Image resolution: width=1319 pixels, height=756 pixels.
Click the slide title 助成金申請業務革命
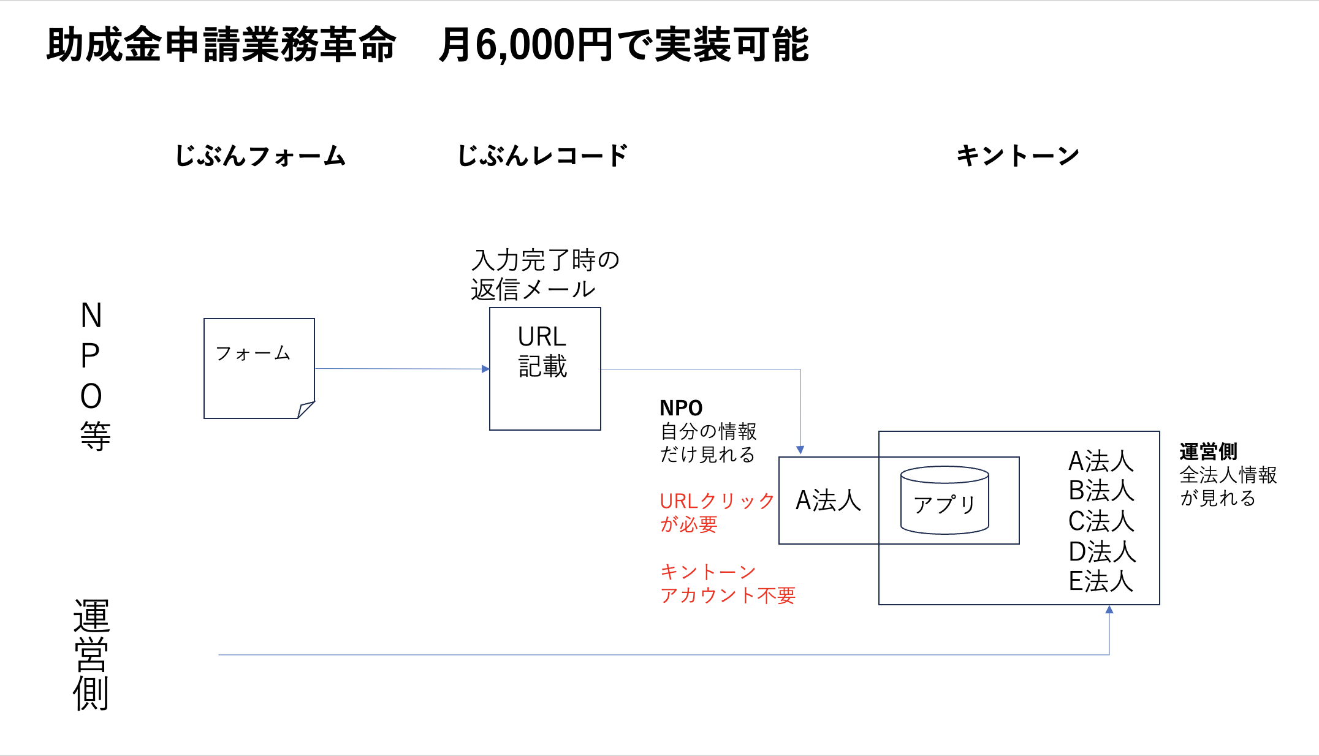click(x=221, y=45)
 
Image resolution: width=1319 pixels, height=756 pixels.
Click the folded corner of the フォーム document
click(x=306, y=409)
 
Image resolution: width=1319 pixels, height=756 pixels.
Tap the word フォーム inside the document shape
click(x=253, y=353)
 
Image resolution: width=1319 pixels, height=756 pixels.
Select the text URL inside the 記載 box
click(x=542, y=337)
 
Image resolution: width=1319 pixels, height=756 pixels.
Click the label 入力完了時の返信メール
click(x=545, y=274)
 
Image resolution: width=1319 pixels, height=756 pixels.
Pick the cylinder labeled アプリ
click(x=945, y=500)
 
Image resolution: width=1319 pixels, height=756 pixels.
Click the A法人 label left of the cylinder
click(x=828, y=501)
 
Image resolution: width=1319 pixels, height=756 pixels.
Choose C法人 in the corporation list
click(x=1101, y=521)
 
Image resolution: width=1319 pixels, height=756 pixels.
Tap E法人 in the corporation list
click(x=1101, y=581)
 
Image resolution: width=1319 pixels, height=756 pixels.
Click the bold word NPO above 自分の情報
click(x=681, y=408)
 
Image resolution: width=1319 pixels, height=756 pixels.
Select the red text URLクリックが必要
click(x=717, y=512)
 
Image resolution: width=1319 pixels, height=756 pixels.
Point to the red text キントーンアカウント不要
click(x=727, y=583)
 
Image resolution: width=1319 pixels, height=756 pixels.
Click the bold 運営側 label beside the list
click(x=1208, y=452)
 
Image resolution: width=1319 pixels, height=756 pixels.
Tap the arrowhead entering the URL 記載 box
click(x=485, y=369)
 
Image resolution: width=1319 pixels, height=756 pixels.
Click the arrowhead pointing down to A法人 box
click(x=800, y=450)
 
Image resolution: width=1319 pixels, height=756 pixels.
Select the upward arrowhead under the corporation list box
click(x=1109, y=610)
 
